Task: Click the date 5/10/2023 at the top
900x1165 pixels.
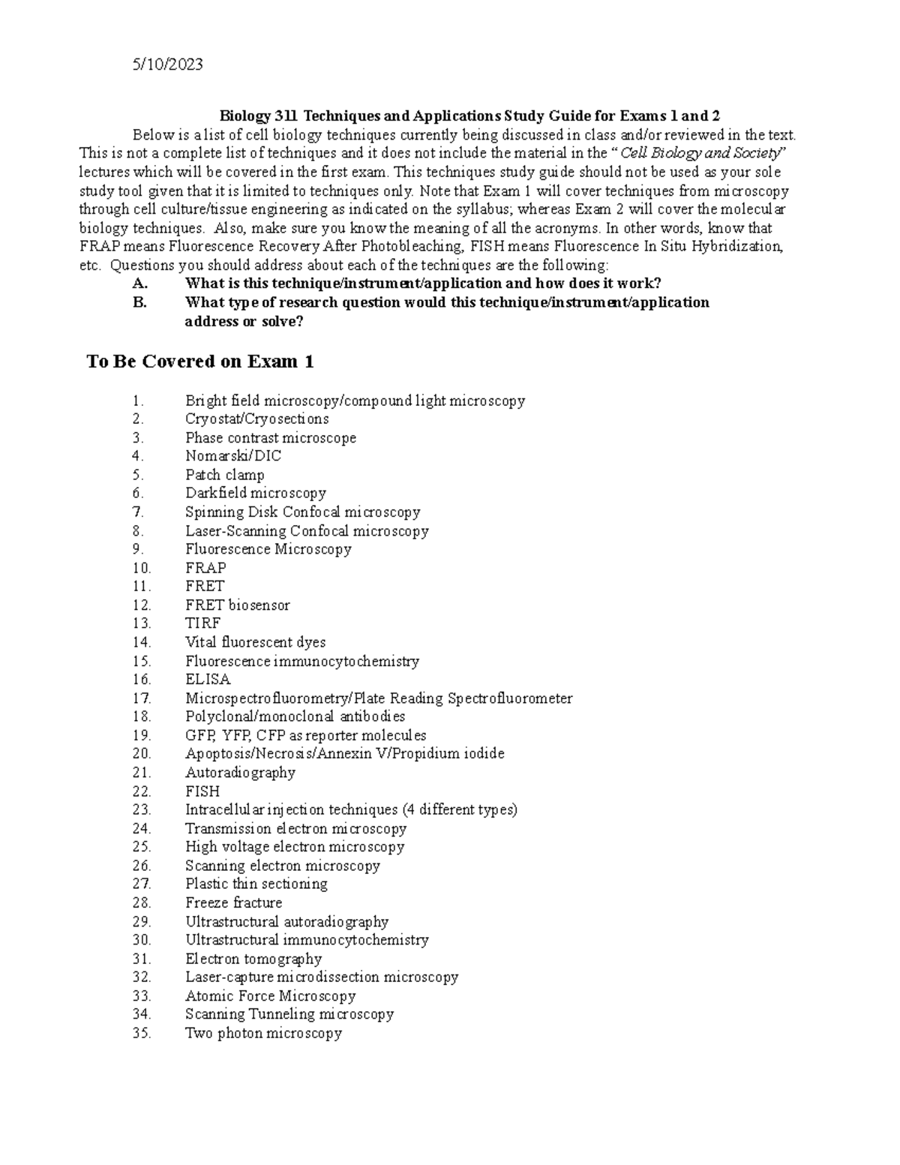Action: [167, 65]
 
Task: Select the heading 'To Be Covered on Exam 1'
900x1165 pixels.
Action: [200, 362]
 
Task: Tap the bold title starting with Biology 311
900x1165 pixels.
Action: [469, 116]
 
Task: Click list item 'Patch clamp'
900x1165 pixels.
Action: [224, 475]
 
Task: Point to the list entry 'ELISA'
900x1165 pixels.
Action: [208, 680]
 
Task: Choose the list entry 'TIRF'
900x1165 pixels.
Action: [202, 623]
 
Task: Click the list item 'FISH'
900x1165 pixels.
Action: [202, 791]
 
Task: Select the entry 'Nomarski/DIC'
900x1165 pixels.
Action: [233, 456]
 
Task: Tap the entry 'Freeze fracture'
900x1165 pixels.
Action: [233, 902]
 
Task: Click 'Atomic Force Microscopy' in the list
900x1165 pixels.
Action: [270, 996]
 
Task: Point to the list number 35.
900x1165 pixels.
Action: [141, 1034]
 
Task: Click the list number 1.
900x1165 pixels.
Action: [136, 401]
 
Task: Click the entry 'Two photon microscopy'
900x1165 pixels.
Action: [263, 1034]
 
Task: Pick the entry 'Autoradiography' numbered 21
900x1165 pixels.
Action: [240, 773]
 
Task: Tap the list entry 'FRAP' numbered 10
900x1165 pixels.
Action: [205, 568]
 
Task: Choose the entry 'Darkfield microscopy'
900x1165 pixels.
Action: [256, 494]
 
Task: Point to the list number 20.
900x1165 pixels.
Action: [141, 754]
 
